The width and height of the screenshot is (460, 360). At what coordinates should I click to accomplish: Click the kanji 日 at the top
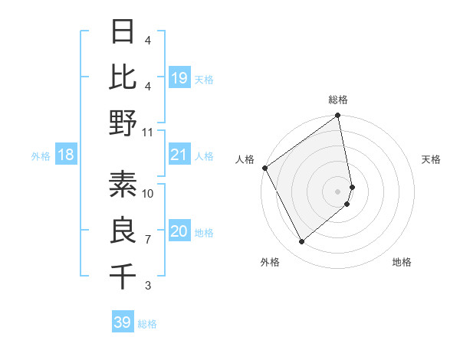tap(123, 33)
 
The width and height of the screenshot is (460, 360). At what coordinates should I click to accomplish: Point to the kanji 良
tap(123, 231)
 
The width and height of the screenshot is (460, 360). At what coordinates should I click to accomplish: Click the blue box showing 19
tap(179, 77)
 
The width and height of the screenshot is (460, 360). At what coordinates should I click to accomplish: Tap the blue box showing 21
tap(179, 155)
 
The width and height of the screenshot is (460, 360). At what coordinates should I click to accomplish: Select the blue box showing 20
tap(179, 232)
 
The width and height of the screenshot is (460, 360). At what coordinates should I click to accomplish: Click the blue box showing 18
tap(66, 155)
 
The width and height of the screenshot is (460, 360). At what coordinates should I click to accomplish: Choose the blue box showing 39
tap(123, 322)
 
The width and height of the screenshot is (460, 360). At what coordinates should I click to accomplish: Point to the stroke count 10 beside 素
tap(148, 194)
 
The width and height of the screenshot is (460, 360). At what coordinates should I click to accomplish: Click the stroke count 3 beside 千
tap(148, 286)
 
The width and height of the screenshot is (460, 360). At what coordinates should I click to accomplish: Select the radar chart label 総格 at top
tap(338, 100)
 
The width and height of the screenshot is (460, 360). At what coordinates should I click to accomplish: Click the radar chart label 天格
tap(432, 159)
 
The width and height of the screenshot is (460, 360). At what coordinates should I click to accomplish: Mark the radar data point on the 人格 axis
tap(264, 168)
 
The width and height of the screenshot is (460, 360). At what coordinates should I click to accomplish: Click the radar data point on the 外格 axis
tap(301, 242)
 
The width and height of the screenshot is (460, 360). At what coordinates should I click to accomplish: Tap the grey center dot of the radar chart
tap(338, 191)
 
